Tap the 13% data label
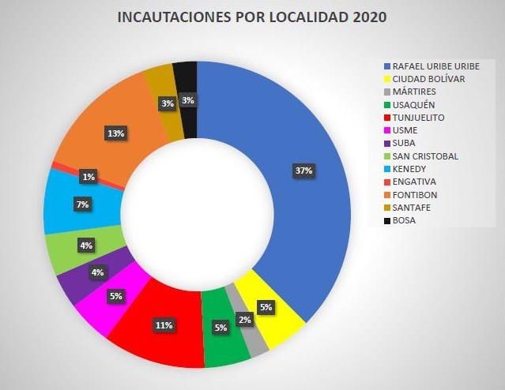(x=115, y=133)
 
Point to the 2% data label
(x=244, y=319)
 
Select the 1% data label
(x=88, y=177)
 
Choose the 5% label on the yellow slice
(x=266, y=307)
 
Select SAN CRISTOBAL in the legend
(x=426, y=156)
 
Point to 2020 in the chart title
(x=368, y=17)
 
